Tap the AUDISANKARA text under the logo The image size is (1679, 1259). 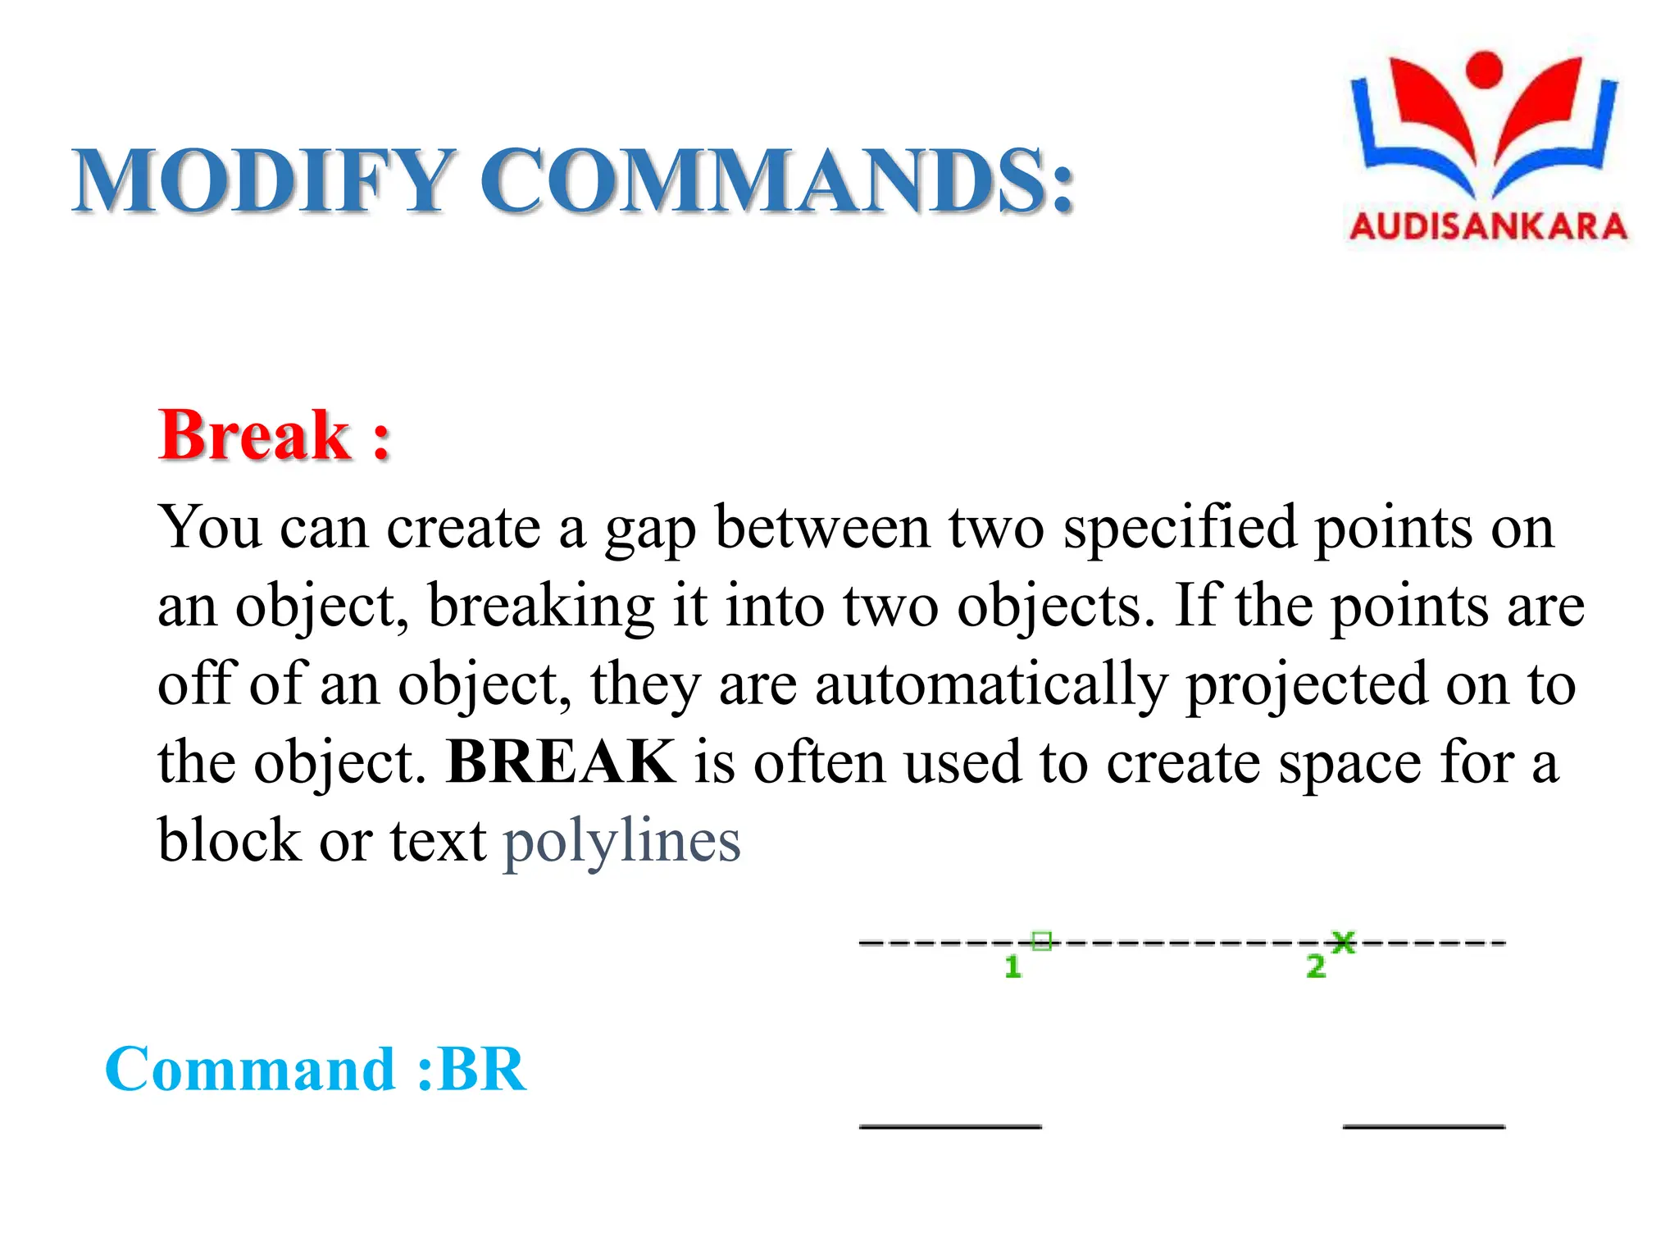[x=1488, y=227]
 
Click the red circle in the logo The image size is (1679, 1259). [x=1484, y=69]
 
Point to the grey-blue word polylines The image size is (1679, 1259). [x=621, y=841]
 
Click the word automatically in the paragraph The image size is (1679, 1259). [x=991, y=684]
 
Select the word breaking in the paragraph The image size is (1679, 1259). [x=541, y=606]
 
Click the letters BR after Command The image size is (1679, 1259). [x=482, y=1070]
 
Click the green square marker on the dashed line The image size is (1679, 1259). [x=1041, y=941]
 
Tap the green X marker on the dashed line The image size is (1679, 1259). [x=1343, y=942]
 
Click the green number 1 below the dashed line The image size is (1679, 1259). [x=1012, y=967]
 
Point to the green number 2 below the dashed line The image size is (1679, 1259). [x=1316, y=966]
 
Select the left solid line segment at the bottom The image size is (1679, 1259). [x=950, y=1125]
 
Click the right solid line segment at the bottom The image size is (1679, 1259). [x=1424, y=1125]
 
